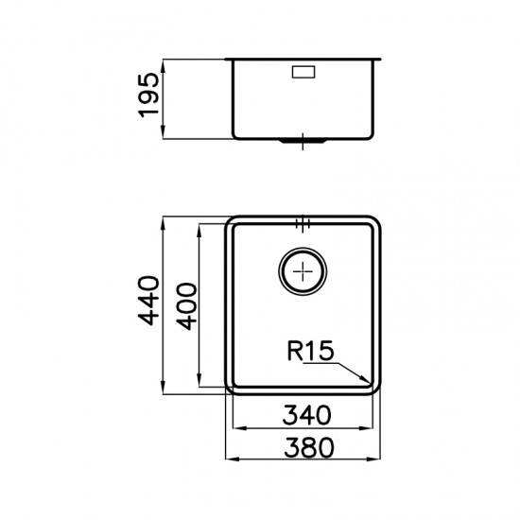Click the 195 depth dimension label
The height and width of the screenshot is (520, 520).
click(x=148, y=95)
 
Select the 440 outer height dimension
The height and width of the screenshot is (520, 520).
click(x=148, y=301)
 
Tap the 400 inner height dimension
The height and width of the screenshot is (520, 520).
click(x=186, y=306)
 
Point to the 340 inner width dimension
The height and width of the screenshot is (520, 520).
click(x=306, y=415)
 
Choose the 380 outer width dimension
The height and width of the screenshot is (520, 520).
click(x=309, y=447)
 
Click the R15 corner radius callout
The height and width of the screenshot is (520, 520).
click(x=310, y=351)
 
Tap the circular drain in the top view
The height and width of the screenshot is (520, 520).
click(x=303, y=271)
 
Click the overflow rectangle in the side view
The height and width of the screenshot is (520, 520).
click(x=303, y=72)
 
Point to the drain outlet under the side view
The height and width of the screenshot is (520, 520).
click(x=303, y=141)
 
